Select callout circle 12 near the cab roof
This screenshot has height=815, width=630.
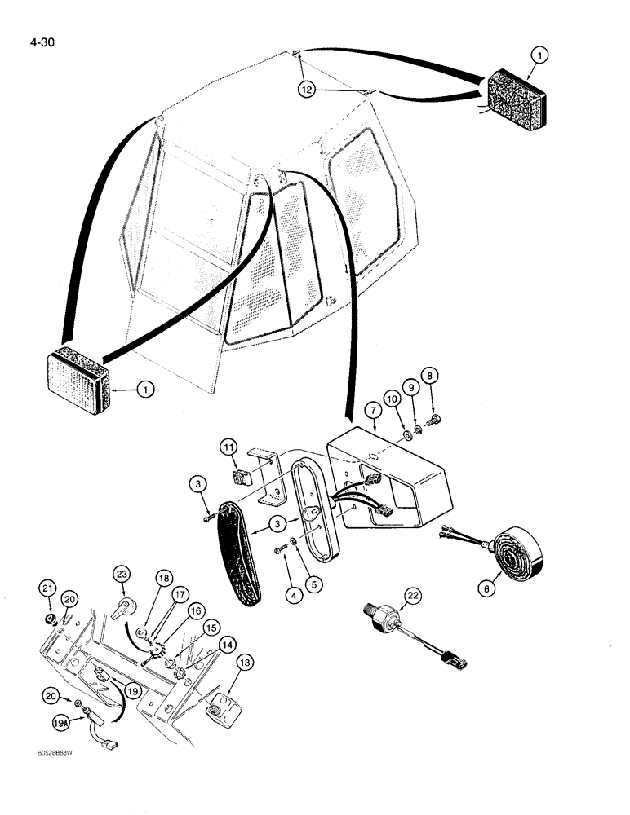coord(305,90)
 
